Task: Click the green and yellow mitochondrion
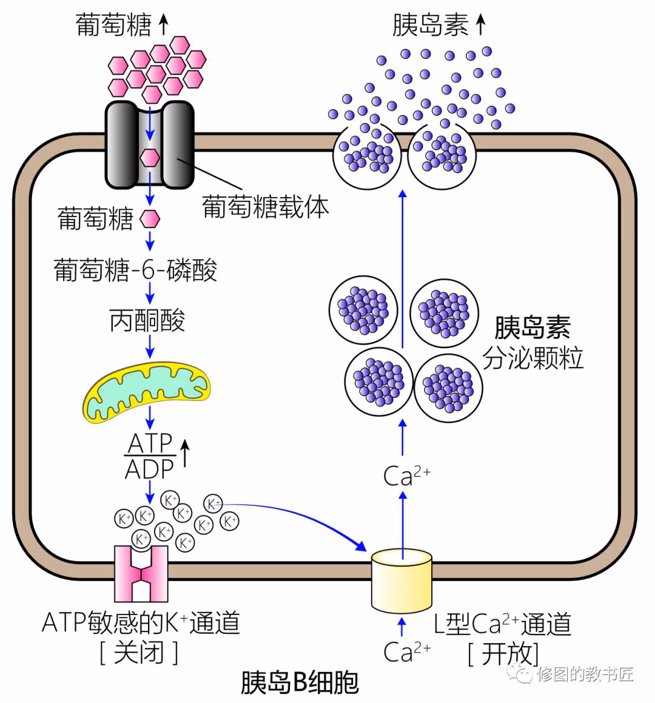[147, 391]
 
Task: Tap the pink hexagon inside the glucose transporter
[150, 158]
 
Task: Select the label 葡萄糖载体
[265, 207]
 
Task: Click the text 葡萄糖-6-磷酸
[135, 270]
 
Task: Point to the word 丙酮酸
[147, 320]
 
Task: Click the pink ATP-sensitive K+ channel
[141, 573]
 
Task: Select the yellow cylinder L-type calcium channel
[401, 580]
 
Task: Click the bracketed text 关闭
[139, 653]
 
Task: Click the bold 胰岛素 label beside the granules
[532, 328]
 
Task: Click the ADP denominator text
[149, 469]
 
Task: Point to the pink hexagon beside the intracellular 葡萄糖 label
[150, 219]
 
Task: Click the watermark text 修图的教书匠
[585, 673]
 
